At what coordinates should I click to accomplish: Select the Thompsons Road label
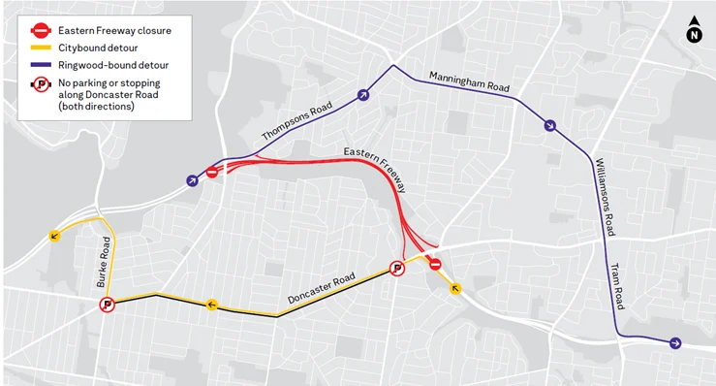pos(297,121)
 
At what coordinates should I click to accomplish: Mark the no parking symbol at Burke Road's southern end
pos(108,305)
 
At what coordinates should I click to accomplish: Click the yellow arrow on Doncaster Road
pos(212,306)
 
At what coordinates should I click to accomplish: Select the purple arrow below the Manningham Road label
pos(549,125)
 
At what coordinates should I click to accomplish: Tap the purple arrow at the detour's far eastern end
pos(675,342)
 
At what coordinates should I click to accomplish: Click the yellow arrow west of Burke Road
pos(53,236)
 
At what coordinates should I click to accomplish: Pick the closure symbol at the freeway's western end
pos(212,173)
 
